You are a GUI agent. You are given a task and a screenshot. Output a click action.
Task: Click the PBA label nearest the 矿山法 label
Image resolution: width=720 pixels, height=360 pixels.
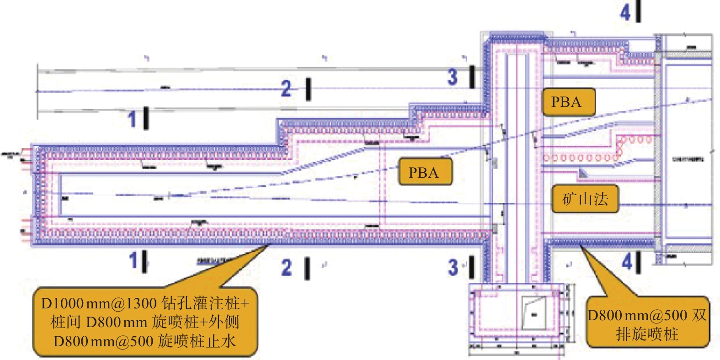point(568,102)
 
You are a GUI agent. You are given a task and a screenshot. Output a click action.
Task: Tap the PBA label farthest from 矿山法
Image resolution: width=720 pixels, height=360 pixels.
point(425,172)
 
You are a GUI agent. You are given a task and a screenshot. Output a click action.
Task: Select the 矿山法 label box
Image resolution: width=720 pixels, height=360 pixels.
point(585,199)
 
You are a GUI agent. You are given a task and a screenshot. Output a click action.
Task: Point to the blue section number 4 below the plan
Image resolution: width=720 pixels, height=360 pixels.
point(627,262)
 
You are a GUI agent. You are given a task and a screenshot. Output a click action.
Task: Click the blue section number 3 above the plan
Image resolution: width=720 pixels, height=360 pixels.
point(452,77)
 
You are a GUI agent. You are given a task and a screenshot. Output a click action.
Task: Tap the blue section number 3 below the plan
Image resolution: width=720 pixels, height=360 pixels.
point(453,267)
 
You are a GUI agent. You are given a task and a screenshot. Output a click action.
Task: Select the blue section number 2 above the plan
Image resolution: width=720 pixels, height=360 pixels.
point(286,88)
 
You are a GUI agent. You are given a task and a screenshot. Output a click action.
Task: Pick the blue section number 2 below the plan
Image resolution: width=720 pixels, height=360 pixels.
point(287,268)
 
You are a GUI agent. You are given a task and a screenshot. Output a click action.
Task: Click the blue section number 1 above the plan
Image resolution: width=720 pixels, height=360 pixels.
point(132,119)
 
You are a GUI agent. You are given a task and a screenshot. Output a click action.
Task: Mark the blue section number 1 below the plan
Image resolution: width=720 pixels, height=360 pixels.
point(133,261)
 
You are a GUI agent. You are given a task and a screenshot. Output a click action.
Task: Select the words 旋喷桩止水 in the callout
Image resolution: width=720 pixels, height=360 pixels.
point(197,341)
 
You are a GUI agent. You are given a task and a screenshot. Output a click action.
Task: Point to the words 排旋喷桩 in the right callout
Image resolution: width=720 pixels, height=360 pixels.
point(647,334)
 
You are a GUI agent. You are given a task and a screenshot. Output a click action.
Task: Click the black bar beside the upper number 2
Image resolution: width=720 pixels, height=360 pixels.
point(309,89)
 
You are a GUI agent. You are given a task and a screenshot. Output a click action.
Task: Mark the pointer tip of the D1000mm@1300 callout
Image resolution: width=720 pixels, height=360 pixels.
point(268,246)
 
